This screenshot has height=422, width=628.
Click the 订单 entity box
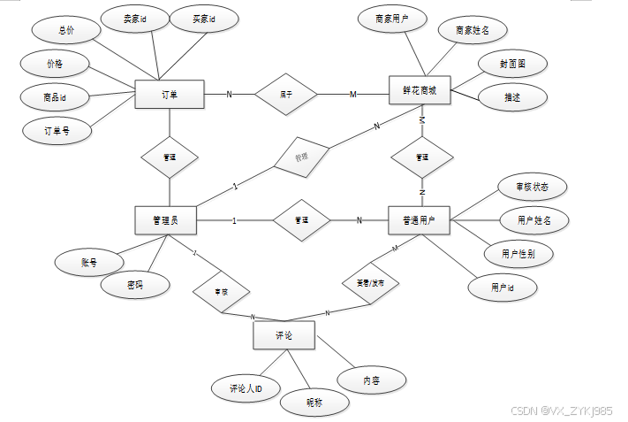tap(170, 95)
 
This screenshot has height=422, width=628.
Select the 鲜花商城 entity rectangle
tap(420, 90)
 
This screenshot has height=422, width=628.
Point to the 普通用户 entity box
tap(420, 220)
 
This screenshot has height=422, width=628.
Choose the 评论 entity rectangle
tap(284, 335)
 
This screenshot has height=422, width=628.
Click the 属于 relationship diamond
tap(286, 95)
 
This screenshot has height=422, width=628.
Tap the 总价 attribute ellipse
tap(66, 30)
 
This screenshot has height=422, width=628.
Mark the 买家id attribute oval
tap(199, 19)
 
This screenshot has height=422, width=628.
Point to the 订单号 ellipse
tap(57, 130)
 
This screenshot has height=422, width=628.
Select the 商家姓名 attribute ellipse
tap(473, 31)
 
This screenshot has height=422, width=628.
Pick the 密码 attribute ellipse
tap(134, 285)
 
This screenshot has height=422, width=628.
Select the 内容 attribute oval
tap(372, 380)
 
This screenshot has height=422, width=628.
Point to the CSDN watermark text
tap(562, 411)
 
